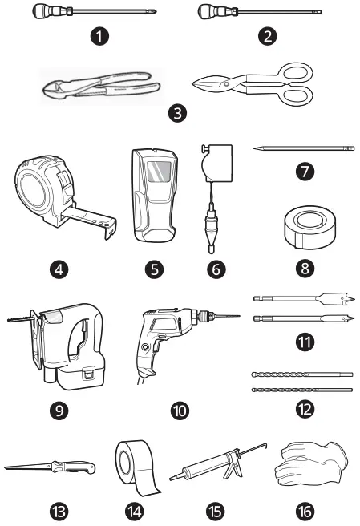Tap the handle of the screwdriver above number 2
(211, 12)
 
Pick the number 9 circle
(57, 411)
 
